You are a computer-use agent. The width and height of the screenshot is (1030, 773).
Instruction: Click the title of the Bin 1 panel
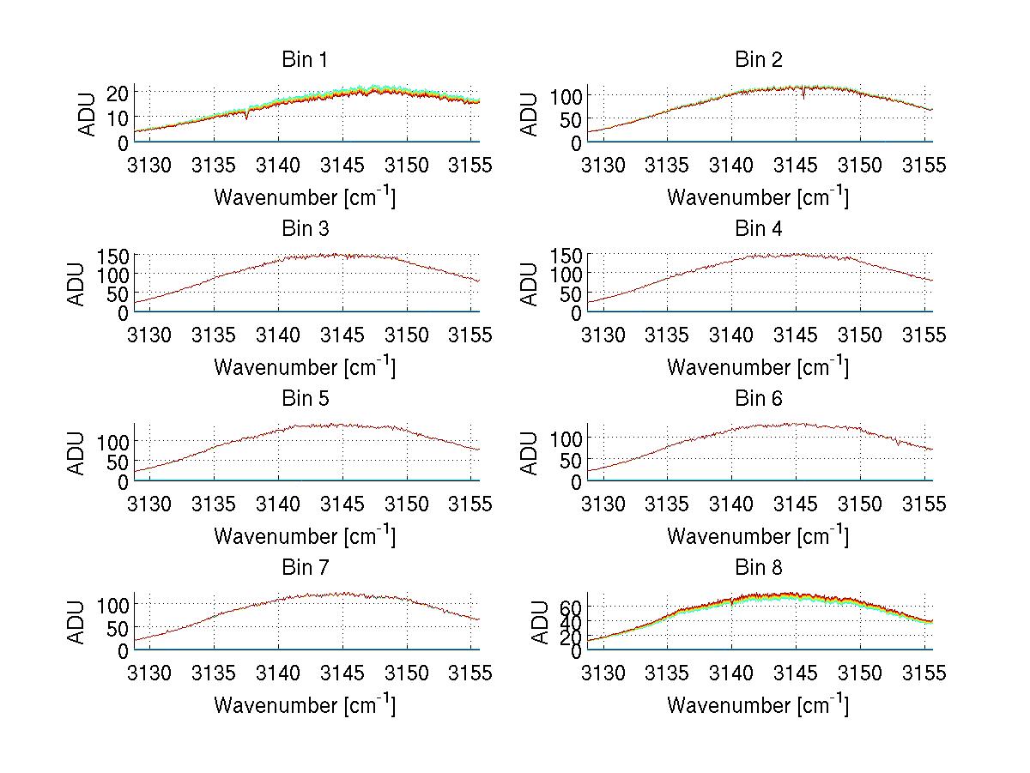click(x=305, y=60)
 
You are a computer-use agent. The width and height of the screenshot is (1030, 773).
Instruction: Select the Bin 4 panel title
click(x=759, y=229)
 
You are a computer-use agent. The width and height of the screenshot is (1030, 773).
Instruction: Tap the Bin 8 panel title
click(x=759, y=568)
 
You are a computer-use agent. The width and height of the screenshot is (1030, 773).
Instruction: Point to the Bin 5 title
click(x=305, y=399)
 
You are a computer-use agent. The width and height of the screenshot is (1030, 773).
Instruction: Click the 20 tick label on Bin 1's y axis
click(x=118, y=93)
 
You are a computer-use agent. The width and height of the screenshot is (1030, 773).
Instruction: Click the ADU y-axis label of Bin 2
click(x=530, y=114)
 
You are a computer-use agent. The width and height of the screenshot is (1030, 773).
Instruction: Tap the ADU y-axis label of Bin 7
click(x=77, y=623)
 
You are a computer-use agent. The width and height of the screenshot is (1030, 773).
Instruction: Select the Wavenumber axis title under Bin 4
click(x=758, y=366)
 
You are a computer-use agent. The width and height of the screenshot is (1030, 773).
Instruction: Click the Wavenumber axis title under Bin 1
click(x=305, y=196)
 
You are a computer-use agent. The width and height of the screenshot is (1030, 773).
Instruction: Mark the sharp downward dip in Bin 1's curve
click(x=247, y=117)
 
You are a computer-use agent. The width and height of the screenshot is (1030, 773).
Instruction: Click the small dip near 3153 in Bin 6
click(x=897, y=444)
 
